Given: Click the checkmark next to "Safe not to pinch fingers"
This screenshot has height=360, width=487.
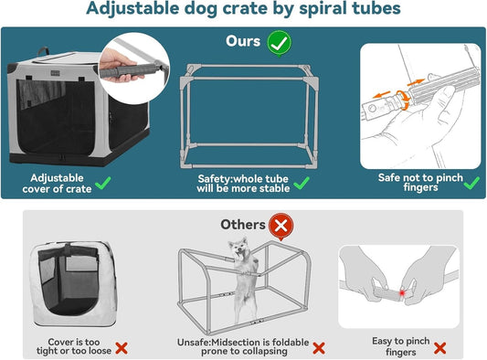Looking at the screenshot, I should [471, 182].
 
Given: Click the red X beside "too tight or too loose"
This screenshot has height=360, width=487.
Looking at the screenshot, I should [121, 348].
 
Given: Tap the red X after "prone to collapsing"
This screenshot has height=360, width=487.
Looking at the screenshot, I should [319, 347].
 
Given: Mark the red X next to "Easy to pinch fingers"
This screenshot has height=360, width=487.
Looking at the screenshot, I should [440, 347].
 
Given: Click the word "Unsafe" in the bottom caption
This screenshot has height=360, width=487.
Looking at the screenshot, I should [197, 342].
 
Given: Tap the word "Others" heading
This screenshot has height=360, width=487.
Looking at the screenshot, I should [243, 224].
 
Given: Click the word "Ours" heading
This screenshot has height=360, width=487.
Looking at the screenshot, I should [244, 42].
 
